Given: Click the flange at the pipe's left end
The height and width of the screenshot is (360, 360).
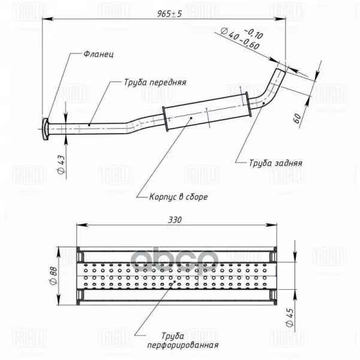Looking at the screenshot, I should pos(45,128).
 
